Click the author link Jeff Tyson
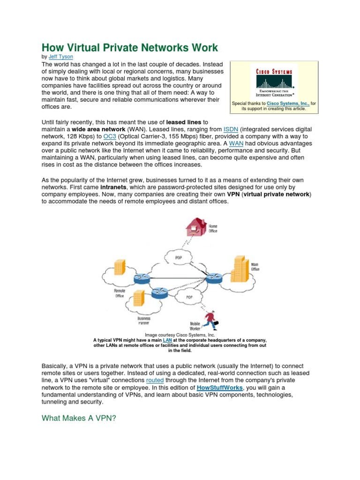coord(61,56)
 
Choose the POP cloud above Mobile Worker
coord(189,297)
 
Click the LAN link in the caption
coord(167,340)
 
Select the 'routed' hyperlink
coord(155,381)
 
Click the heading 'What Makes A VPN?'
coord(78,419)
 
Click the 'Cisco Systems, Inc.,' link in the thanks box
coord(288,103)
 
